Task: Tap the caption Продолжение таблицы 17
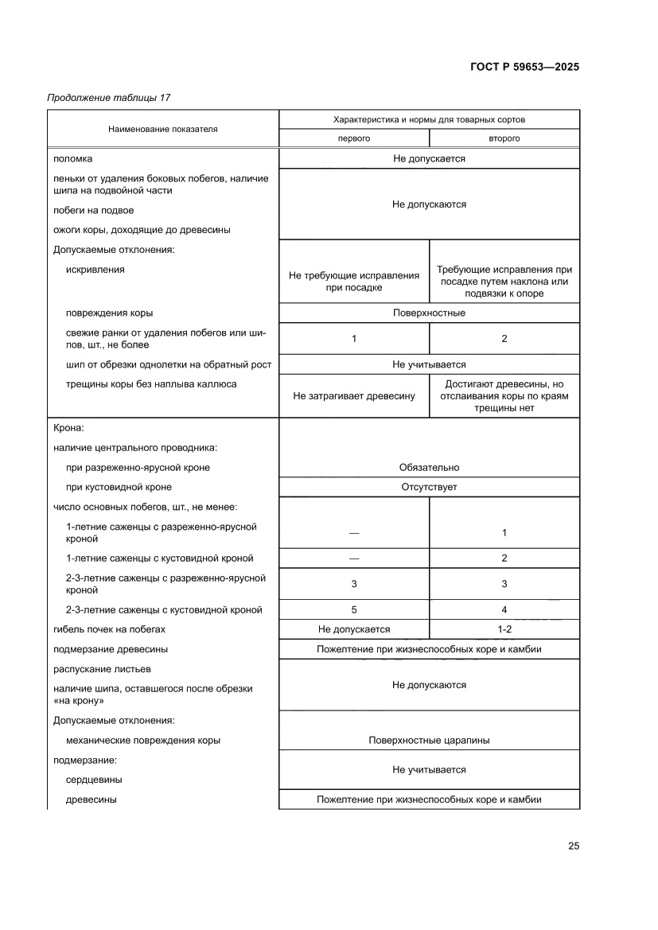(109, 98)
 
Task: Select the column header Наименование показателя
(163, 128)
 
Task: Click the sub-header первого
(354, 138)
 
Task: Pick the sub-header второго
(504, 138)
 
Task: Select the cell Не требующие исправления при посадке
(354, 282)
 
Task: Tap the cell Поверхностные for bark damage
(429, 313)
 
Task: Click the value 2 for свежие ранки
(504, 338)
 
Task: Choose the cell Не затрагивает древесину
(354, 395)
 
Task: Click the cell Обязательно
(429, 467)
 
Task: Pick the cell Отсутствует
(429, 487)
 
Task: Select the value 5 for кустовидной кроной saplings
(354, 610)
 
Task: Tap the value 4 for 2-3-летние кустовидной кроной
(504, 610)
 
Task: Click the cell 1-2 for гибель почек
(504, 629)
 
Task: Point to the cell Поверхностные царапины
(429, 740)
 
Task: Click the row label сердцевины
(88, 780)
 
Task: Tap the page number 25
(573, 846)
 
